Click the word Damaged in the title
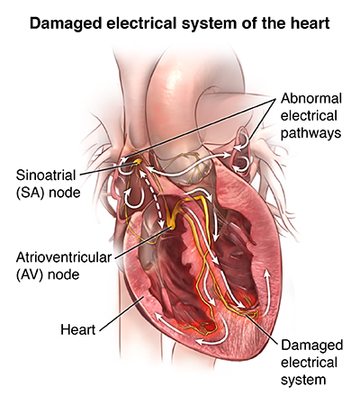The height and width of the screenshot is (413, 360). [x=66, y=23]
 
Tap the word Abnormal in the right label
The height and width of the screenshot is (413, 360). [x=311, y=98]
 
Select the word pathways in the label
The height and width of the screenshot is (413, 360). [x=310, y=133]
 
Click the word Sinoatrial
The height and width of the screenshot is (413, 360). [x=46, y=175]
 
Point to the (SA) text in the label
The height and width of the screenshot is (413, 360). [x=31, y=193]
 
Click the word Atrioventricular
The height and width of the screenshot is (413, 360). [x=64, y=257]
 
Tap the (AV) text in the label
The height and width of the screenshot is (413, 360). [x=31, y=274]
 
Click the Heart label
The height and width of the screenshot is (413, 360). [x=78, y=329]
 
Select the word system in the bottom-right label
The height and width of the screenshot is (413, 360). [x=303, y=380]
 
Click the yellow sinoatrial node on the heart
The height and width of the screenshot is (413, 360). [x=137, y=162]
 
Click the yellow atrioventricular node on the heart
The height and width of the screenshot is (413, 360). [x=172, y=226]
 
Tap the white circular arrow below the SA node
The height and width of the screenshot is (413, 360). [x=132, y=199]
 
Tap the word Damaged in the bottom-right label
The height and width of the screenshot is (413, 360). [x=312, y=346]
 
